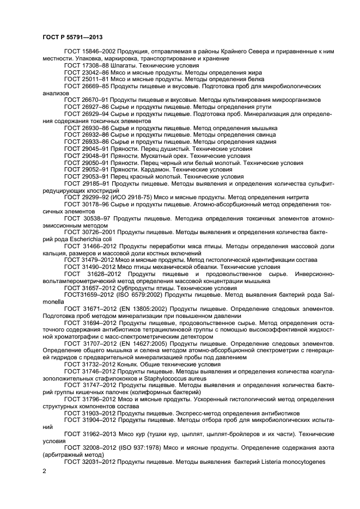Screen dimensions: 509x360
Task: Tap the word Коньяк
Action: (x=129, y=364)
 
